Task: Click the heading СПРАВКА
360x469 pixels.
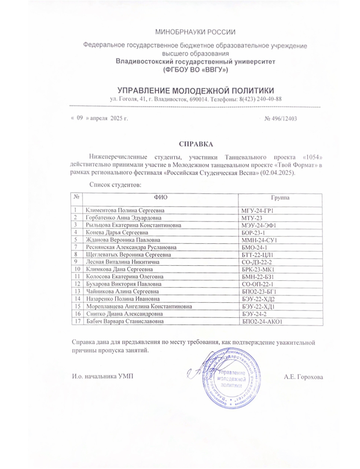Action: [196, 143]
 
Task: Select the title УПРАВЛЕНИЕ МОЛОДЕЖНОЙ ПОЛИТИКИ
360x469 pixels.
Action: [196, 90]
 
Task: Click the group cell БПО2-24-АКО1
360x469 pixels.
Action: [260, 321]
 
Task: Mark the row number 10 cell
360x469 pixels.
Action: [76, 272]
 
